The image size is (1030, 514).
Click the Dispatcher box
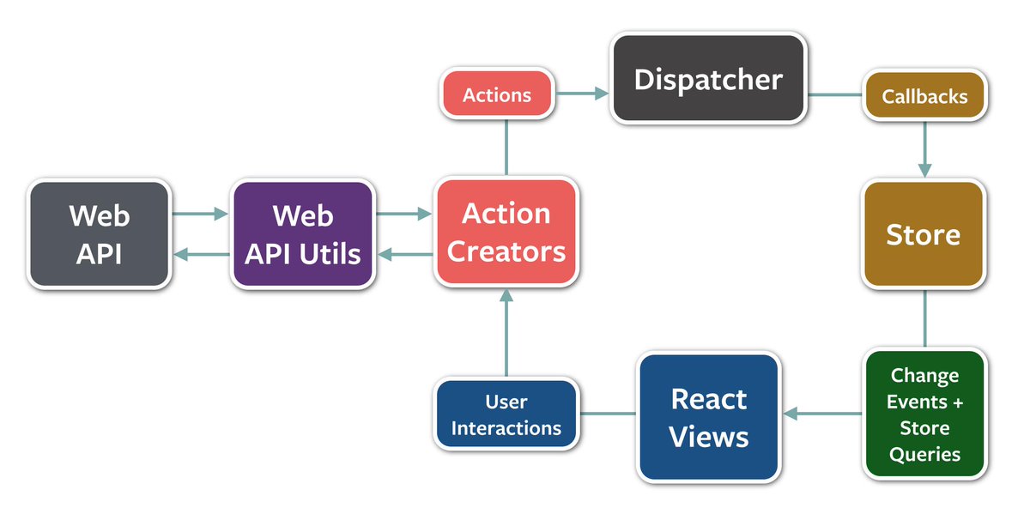(x=708, y=79)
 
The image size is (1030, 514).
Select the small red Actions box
(x=496, y=94)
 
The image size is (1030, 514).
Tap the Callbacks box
(x=924, y=95)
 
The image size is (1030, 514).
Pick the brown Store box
(x=923, y=234)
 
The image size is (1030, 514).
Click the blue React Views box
(x=709, y=417)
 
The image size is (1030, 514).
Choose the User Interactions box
(x=506, y=414)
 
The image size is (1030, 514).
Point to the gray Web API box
(x=99, y=233)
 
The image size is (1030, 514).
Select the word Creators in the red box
(x=506, y=251)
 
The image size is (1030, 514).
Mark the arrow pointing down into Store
(x=924, y=150)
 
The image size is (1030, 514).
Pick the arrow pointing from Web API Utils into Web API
(x=201, y=254)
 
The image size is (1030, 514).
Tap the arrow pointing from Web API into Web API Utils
(x=201, y=214)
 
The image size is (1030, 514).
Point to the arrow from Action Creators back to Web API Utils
(x=403, y=254)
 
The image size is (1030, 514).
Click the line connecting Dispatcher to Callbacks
(x=834, y=94)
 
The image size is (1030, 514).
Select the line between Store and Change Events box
(x=924, y=318)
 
